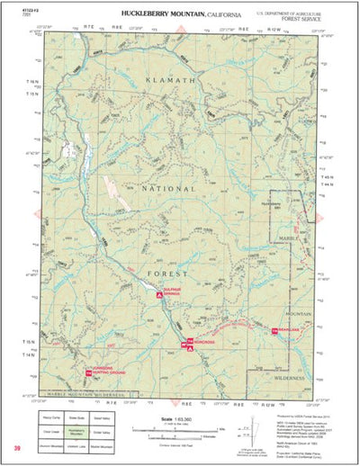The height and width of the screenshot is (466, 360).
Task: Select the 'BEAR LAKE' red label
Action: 287,333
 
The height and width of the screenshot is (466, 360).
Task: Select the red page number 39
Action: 16,447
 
